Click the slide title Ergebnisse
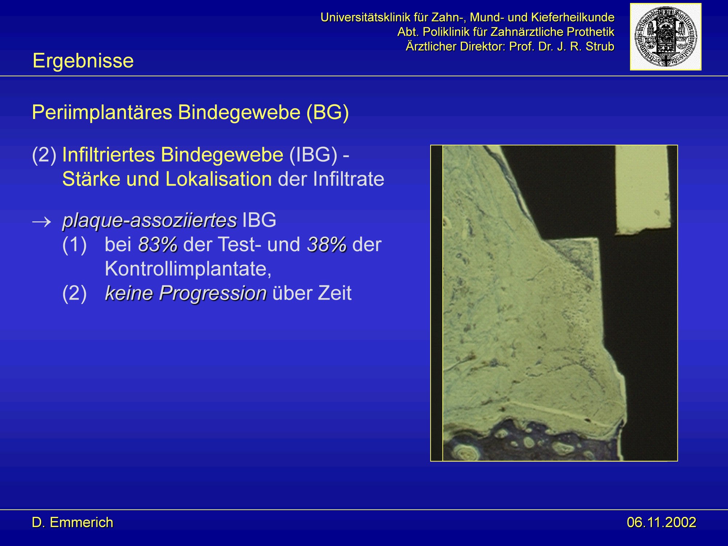(83, 60)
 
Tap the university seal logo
(665, 37)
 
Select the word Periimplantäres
(102, 112)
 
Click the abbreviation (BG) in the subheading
(328, 112)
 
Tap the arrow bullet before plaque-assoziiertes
(41, 221)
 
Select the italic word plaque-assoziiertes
(150, 221)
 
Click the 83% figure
(158, 245)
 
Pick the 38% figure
(327, 245)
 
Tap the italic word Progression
(213, 293)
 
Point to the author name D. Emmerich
(72, 522)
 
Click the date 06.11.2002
(661, 522)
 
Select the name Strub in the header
(600, 47)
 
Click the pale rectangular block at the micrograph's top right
(642, 189)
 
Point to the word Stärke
(90, 179)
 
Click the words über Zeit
(312, 293)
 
